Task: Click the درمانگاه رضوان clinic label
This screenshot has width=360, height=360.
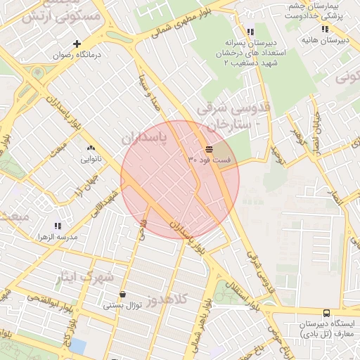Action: (x=78, y=53)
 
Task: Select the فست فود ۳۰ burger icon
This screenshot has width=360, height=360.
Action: (x=209, y=149)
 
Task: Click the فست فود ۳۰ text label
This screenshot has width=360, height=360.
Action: (x=209, y=160)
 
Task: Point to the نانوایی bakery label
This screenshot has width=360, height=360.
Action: (x=91, y=159)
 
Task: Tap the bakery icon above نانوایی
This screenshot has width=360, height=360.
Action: (x=91, y=148)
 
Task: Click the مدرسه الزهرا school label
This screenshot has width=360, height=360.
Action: (x=57, y=238)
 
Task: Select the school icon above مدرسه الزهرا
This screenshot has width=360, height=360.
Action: (x=57, y=226)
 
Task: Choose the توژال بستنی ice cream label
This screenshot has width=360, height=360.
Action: (x=123, y=305)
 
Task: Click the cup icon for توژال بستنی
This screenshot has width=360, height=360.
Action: (x=123, y=295)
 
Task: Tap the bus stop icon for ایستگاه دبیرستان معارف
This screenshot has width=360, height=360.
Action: (x=326, y=313)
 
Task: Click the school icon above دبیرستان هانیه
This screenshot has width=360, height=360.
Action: (x=324, y=29)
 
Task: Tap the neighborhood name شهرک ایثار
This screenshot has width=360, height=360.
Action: (x=88, y=277)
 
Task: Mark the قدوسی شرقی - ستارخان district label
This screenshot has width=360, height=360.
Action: (x=226, y=117)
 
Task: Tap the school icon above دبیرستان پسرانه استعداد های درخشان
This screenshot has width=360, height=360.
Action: (x=250, y=32)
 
